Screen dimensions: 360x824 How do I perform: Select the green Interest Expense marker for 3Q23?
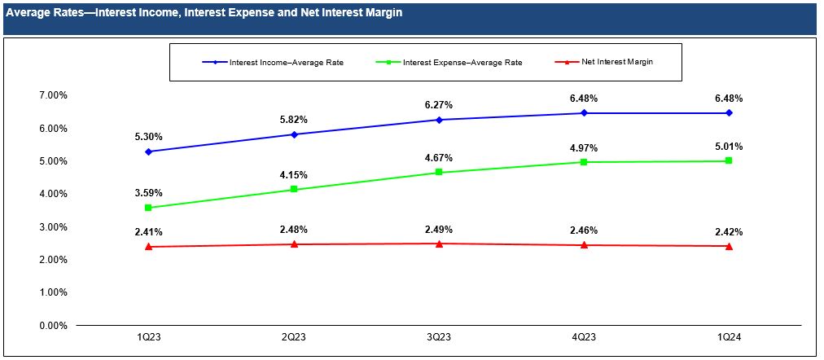pyautogui.click(x=439, y=173)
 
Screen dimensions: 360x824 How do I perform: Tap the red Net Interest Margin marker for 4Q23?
pyautogui.click(x=584, y=245)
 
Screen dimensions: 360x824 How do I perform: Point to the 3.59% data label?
pyautogui.click(x=149, y=193)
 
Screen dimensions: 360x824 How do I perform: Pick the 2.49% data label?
pyautogui.click(x=439, y=230)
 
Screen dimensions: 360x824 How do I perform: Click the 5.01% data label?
pyautogui.click(x=729, y=147)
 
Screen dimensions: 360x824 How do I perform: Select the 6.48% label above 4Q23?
pyautogui.click(x=584, y=99)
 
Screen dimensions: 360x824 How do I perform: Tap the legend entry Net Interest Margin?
pyautogui.click(x=616, y=62)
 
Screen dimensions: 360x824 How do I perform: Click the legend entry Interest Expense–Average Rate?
pyautogui.click(x=462, y=62)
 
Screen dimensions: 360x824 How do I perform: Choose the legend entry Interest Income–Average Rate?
pyautogui.click(x=286, y=62)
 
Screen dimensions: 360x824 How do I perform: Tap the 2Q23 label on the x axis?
pyautogui.click(x=294, y=336)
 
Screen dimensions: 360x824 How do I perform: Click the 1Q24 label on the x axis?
pyautogui.click(x=729, y=336)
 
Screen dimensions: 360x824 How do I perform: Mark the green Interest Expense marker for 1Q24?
pyautogui.click(x=729, y=161)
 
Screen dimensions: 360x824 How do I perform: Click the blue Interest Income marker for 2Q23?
pyautogui.click(x=294, y=134)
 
